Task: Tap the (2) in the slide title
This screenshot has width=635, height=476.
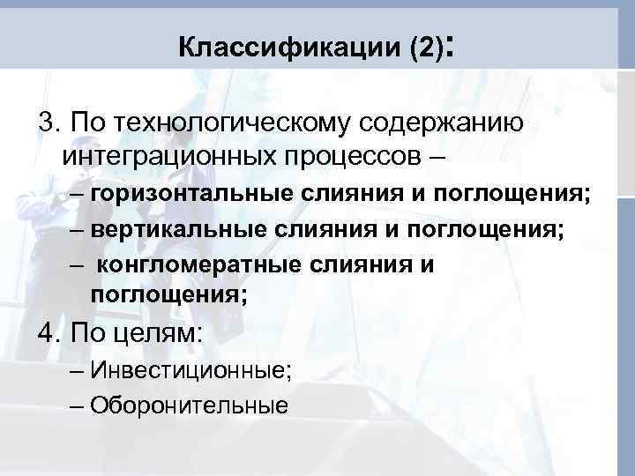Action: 424,48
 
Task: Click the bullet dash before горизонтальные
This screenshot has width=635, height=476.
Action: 75,194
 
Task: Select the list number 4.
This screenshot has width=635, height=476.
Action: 47,334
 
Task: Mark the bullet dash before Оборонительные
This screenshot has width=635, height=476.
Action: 75,405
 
